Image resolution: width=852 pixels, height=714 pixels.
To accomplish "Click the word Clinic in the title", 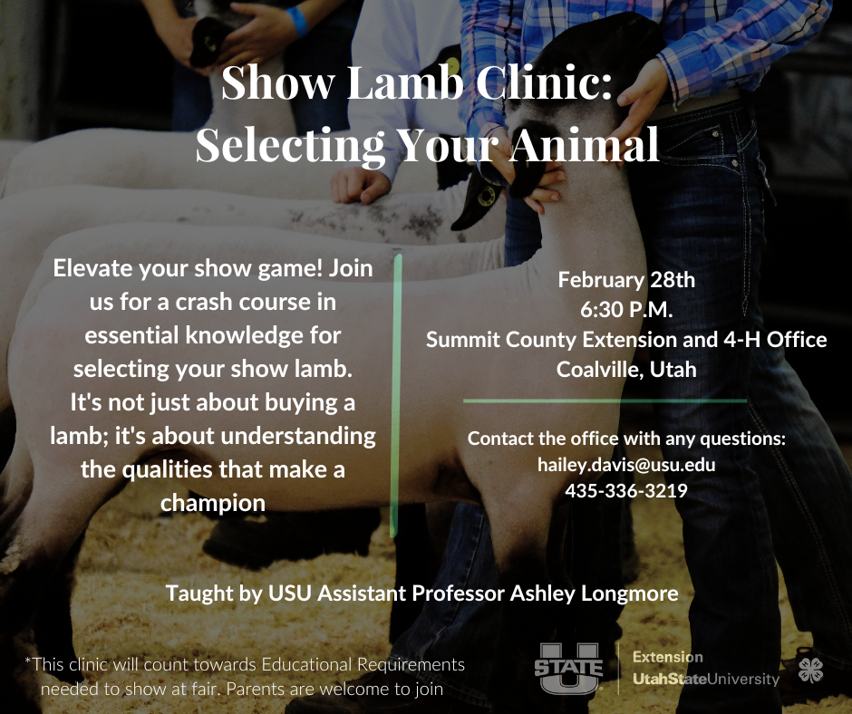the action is click(544, 82).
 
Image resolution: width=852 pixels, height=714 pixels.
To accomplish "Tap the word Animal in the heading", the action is click(585, 145).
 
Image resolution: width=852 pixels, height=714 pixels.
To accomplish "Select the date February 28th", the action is click(626, 280).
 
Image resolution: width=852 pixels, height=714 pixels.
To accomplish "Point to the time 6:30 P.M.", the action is click(626, 310).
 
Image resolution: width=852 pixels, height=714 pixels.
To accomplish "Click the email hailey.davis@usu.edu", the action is click(626, 465).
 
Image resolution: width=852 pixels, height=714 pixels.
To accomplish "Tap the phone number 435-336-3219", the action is click(626, 491).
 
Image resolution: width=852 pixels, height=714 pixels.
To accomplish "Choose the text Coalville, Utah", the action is click(626, 370).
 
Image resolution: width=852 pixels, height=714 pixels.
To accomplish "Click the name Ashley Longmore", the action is click(594, 593).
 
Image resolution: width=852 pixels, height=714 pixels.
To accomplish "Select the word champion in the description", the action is click(213, 504).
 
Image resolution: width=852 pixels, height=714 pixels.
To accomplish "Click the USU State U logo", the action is click(569, 669).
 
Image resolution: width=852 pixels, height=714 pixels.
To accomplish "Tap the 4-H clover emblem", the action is click(810, 670).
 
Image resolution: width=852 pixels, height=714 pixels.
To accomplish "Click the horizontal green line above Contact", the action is click(605, 401).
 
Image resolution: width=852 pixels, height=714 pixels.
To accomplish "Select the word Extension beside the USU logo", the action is click(668, 658).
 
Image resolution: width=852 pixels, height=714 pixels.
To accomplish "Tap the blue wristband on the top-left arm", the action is click(296, 20).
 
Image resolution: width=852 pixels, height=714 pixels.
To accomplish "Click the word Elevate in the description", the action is click(92, 268).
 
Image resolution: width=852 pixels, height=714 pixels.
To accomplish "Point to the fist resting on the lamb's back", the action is click(360, 185).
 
